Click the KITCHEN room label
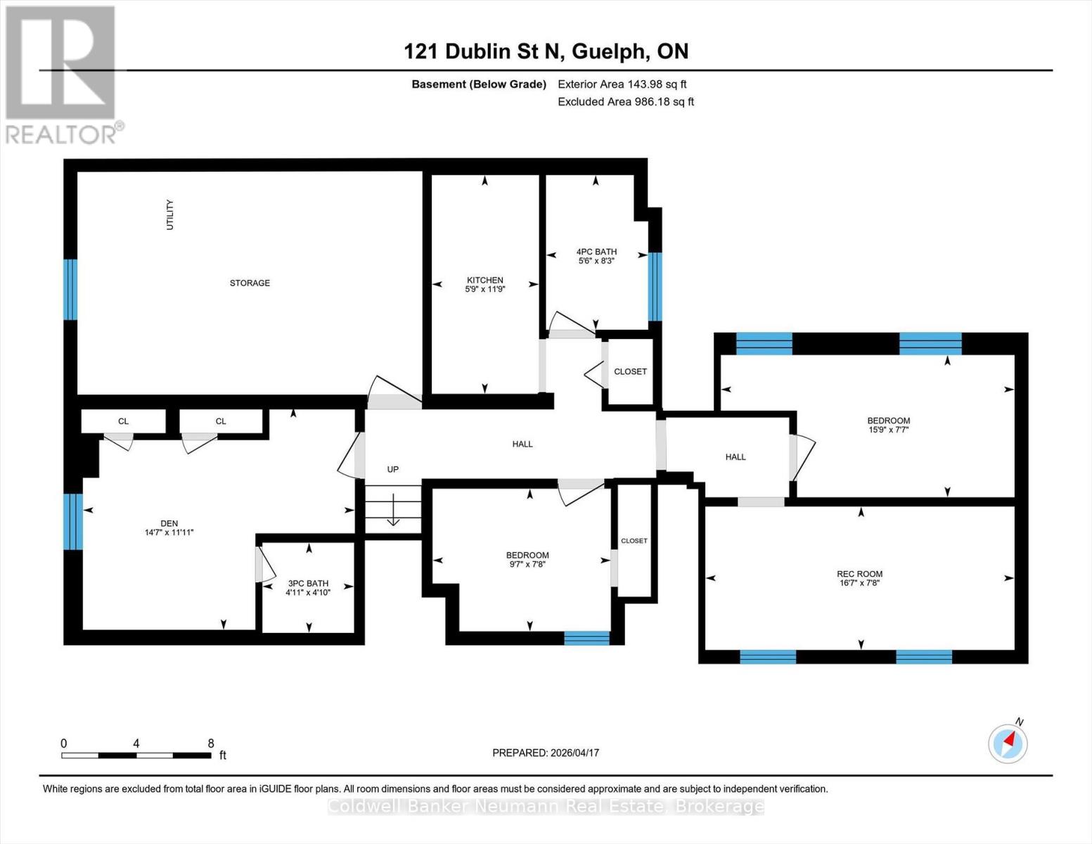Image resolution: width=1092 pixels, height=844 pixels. pos(484,280)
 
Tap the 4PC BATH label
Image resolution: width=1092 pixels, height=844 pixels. pos(596,252)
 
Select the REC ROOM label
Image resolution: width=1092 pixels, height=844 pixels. pos(859,574)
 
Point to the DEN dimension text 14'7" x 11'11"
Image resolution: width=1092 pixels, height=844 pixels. pos(169,532)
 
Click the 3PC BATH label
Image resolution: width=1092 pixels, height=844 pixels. pos(308,583)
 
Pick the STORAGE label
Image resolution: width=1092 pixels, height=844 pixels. pos(250,283)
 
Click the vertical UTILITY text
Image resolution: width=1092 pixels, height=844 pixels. pos(169,215)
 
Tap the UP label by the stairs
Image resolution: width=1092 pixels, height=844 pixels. pos(393,469)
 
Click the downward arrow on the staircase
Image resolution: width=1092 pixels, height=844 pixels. pos(392,510)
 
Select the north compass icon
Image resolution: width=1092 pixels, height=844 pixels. pos(1008,743)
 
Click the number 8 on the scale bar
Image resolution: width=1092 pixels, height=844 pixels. pos(211,743)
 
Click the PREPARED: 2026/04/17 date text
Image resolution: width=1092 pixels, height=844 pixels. pos(546,753)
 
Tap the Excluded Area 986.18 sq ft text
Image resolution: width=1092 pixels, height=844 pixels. pos(626,101)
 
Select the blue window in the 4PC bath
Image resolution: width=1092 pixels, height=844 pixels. pos(655,286)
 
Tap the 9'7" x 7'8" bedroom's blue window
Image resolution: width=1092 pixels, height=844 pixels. pos(586,638)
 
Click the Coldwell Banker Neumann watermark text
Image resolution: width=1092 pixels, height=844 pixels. pos(546,806)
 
